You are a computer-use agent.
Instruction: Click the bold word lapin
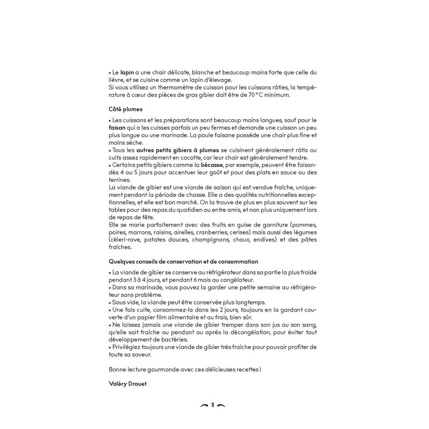click(127, 72)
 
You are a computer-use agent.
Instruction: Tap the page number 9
click(213, 404)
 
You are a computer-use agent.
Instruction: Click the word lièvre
click(116, 79)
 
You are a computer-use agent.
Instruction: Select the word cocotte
click(199, 159)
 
